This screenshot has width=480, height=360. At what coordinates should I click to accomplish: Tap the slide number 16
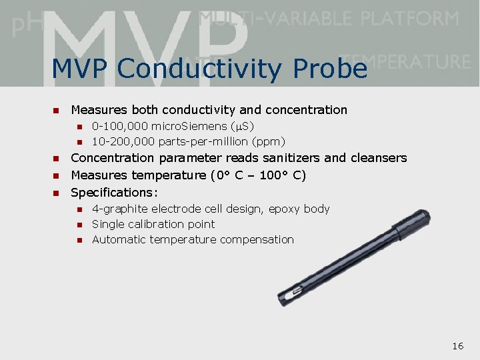[x=457, y=345]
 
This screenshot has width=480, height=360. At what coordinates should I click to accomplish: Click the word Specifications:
[x=114, y=193]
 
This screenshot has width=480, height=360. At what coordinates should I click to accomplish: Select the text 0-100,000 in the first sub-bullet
[x=120, y=126]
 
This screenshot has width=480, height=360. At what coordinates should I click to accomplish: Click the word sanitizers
[x=292, y=158]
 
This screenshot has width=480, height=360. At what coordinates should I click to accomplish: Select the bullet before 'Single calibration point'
[x=78, y=225]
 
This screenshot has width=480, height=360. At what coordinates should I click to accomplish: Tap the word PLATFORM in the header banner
[x=411, y=18]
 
